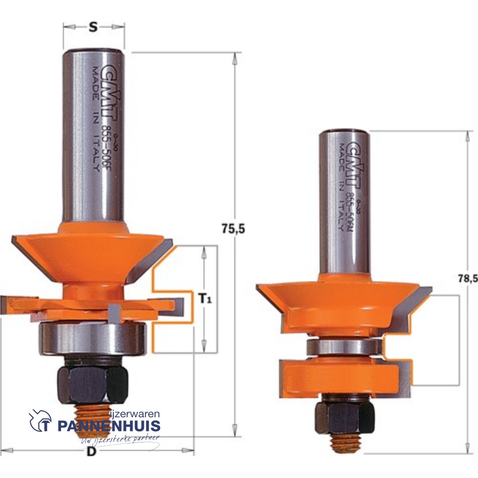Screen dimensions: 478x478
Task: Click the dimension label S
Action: [x=93, y=27]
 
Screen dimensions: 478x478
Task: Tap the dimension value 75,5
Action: [x=232, y=229]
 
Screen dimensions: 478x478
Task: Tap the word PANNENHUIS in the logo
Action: [x=109, y=426]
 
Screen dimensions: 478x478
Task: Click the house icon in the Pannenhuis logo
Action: [x=41, y=420]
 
